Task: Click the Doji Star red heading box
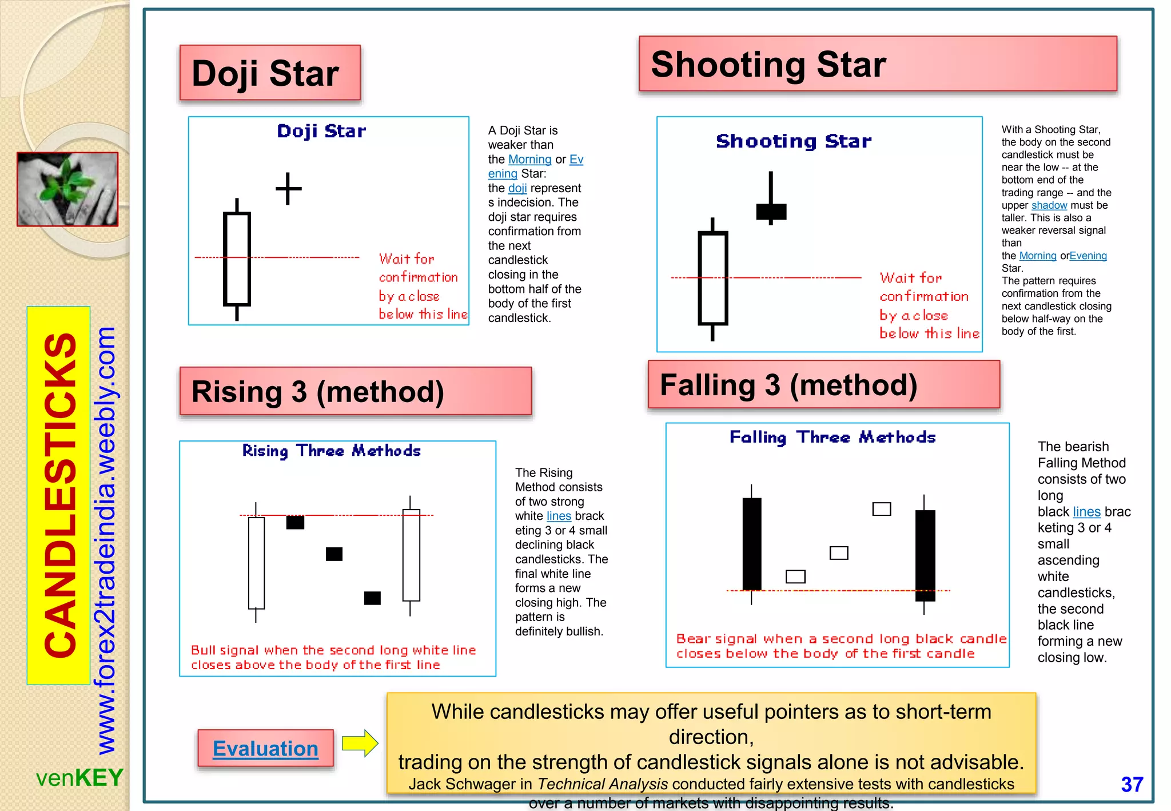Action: (270, 73)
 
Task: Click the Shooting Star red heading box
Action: (877, 63)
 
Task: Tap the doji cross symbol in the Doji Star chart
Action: (288, 189)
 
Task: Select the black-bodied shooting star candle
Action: (771, 211)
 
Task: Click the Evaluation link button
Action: (265, 748)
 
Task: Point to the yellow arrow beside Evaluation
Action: (360, 744)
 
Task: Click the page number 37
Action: (1132, 784)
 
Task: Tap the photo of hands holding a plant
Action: (67, 189)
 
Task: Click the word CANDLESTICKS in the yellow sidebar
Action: (59, 495)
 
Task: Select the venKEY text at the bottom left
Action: (79, 778)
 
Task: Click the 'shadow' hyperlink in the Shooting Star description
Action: (1049, 205)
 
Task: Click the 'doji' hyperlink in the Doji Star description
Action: (517, 188)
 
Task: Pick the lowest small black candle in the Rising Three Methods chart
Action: (372, 598)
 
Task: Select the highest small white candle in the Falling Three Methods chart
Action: (881, 508)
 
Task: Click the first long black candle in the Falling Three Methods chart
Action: (751, 543)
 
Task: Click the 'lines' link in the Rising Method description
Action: (558, 516)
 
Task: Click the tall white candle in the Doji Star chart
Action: (237, 259)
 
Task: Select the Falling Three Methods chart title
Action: (832, 438)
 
